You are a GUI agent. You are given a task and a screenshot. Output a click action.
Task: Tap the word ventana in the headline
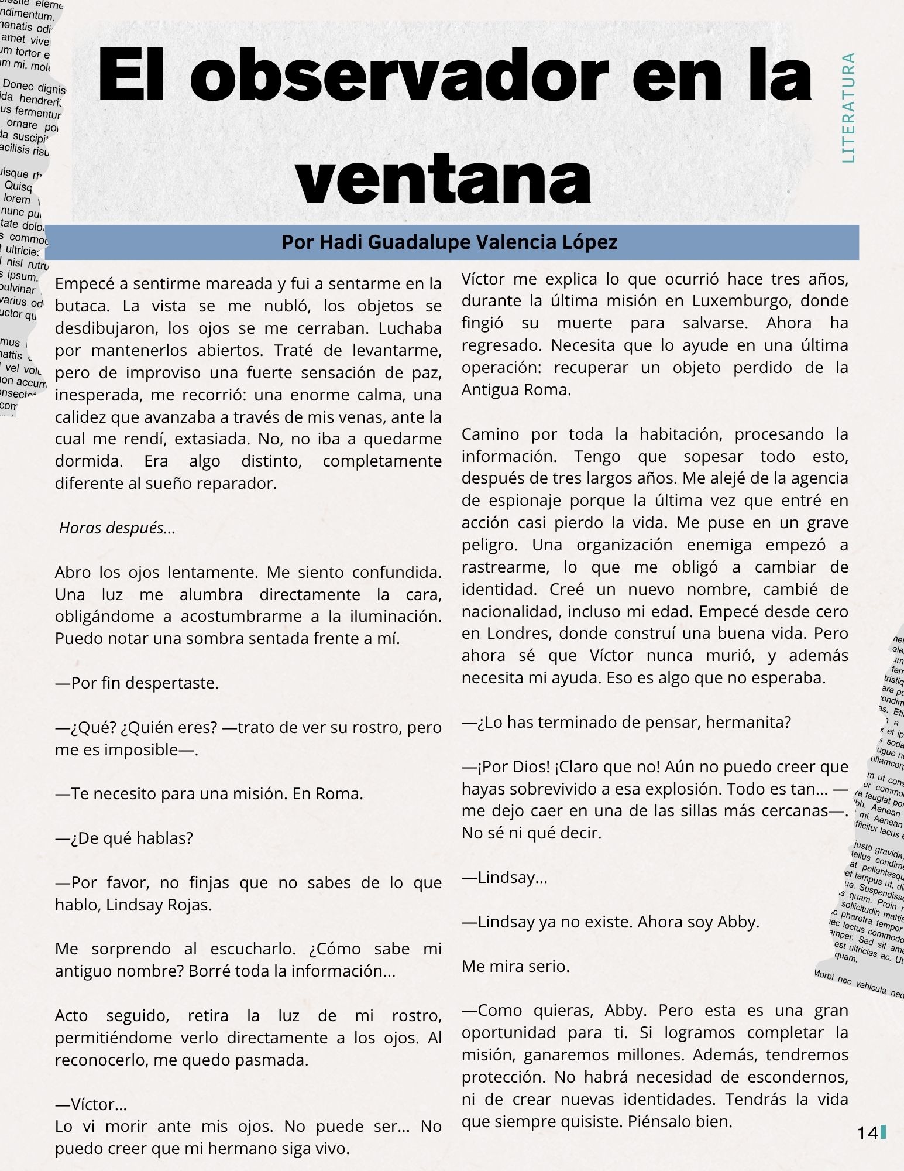[x=443, y=177]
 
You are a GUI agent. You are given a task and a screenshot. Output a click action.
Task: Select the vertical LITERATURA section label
[x=848, y=108]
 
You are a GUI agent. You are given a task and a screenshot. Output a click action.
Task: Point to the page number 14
[x=867, y=1133]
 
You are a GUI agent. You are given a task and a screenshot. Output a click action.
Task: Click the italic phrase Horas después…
[x=118, y=528]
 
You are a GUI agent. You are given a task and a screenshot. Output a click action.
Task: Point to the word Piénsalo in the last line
[x=658, y=1122]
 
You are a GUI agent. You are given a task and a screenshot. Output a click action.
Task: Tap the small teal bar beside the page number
[x=883, y=1132]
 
